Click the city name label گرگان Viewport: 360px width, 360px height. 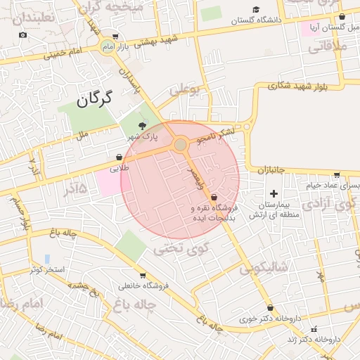(x=91, y=99)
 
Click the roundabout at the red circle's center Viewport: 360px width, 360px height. (x=181, y=144)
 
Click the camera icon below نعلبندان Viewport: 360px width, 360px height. (x=23, y=34)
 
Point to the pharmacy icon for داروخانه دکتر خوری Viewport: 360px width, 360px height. (x=270, y=307)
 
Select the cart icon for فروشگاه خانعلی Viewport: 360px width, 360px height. (x=143, y=275)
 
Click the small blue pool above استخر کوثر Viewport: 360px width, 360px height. (x=47, y=259)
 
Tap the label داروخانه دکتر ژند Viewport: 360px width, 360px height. (x=318, y=339)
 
